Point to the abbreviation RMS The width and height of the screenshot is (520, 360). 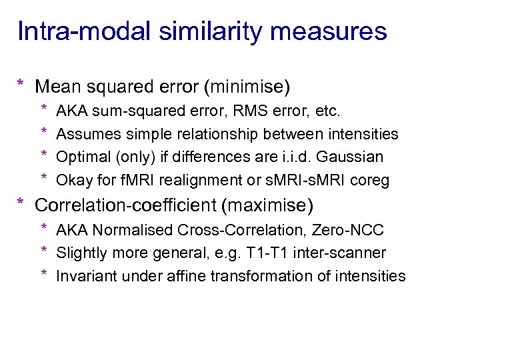click(234, 111)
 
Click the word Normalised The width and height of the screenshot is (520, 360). click(131, 230)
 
